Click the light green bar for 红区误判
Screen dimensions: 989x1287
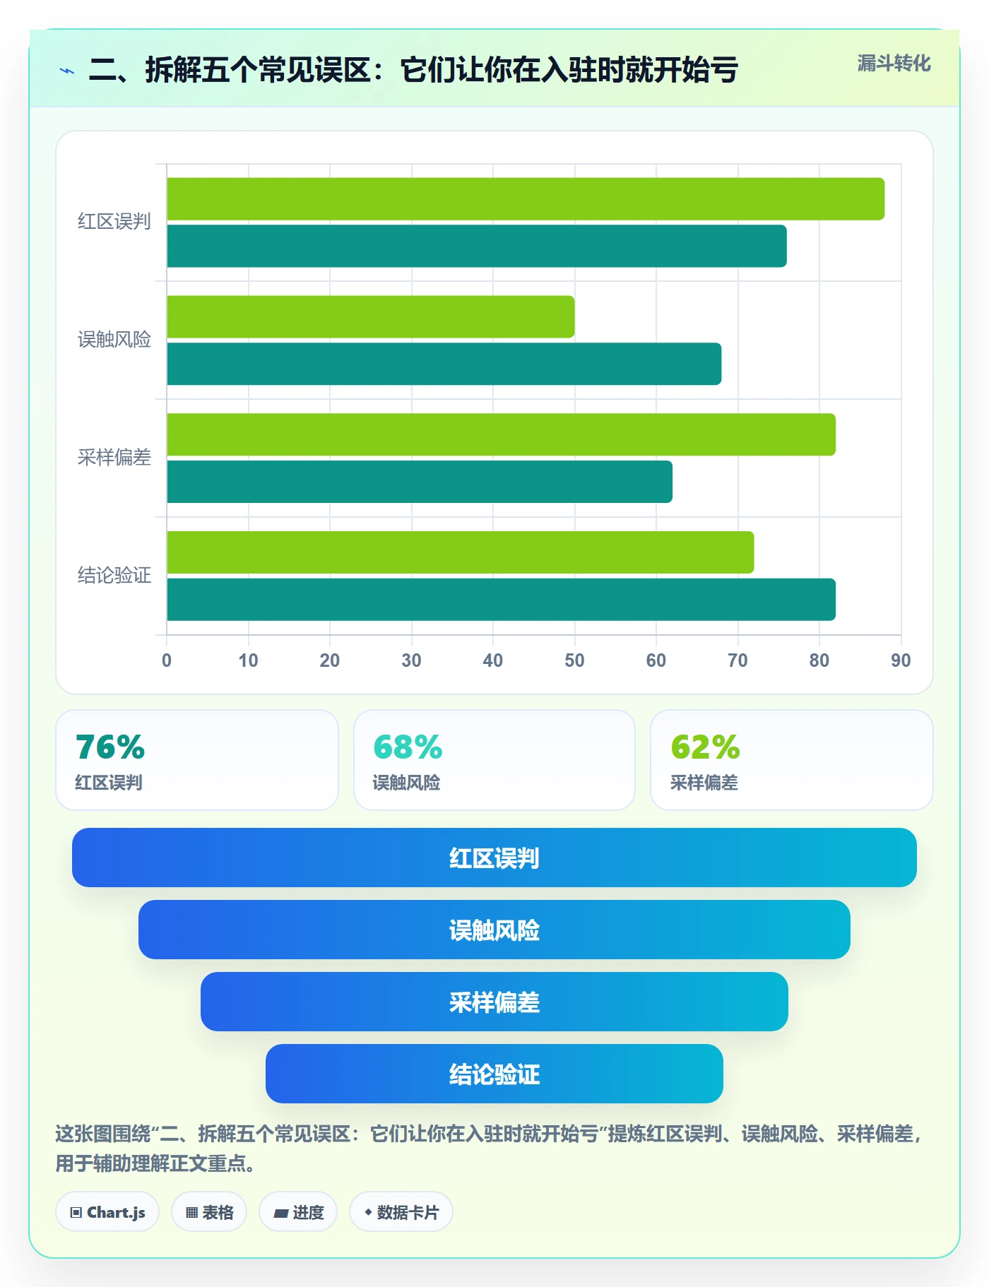(x=526, y=199)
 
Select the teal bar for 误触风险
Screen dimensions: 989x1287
(x=444, y=364)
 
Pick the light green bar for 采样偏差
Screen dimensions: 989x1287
(x=502, y=434)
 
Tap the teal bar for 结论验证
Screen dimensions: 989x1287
(x=502, y=600)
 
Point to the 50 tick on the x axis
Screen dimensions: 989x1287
(x=574, y=660)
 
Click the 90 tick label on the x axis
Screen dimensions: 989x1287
(x=901, y=660)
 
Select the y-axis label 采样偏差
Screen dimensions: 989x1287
(x=114, y=458)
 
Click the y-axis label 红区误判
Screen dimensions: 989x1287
(x=114, y=222)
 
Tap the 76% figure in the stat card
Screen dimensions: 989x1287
(x=110, y=747)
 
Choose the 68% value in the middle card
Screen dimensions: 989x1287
(x=408, y=747)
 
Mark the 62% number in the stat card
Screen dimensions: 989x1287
(x=705, y=747)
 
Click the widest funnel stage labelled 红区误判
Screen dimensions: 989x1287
(x=494, y=858)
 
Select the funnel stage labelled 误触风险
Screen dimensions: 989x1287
(x=494, y=930)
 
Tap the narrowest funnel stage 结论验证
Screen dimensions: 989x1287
(x=494, y=1074)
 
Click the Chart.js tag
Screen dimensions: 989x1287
(x=107, y=1212)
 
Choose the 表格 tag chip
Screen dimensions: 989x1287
(x=209, y=1212)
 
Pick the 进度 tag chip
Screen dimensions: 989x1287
(x=298, y=1212)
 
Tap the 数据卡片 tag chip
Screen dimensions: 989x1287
(x=401, y=1212)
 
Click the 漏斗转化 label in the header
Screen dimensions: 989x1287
(x=894, y=64)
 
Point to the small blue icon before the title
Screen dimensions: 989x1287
(x=67, y=71)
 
